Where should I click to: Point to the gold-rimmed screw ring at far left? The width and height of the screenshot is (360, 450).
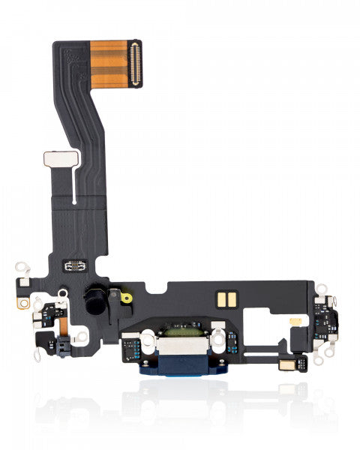tap(25, 302)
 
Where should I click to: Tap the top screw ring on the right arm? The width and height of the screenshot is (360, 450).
tap(317, 289)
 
